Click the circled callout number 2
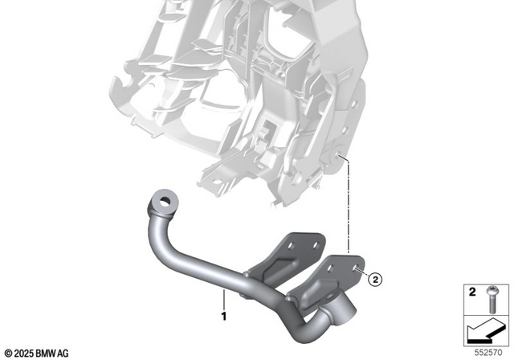(x=374, y=279)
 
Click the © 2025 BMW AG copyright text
(x=36, y=352)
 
